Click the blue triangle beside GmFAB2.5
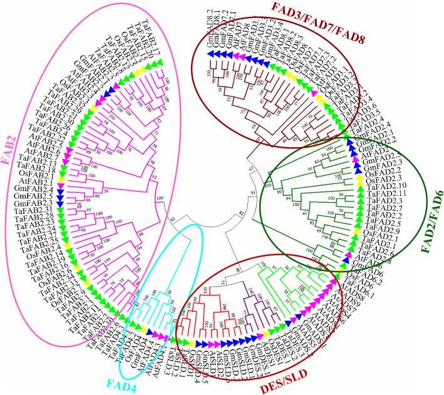pyautogui.click(x=59, y=195)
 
